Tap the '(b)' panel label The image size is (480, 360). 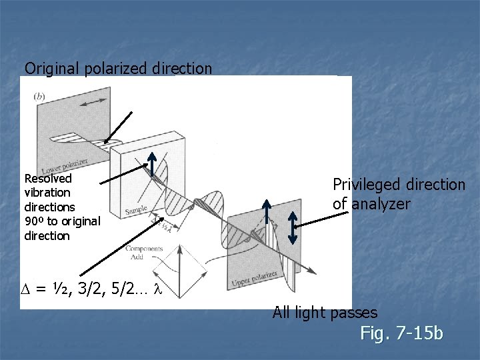point(39,96)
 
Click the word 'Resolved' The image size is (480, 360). point(47,179)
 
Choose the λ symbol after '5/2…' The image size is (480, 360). point(157,290)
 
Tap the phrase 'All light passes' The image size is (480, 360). point(325,312)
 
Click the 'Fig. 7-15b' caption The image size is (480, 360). point(401,333)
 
